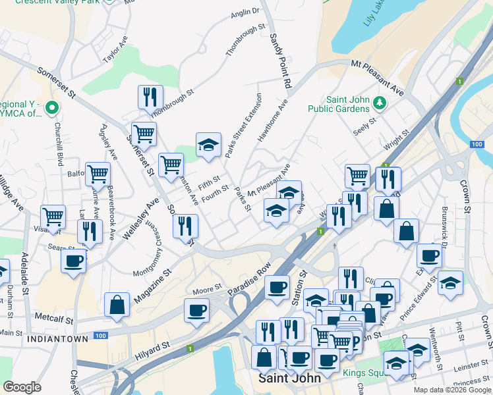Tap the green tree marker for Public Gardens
pyautogui.click(x=380, y=103)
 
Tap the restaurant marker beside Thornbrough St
pyautogui.click(x=150, y=97)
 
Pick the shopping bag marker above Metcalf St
pyautogui.click(x=117, y=305)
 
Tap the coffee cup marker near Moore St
pyautogui.click(x=196, y=310)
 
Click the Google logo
pyautogui.click(x=22, y=386)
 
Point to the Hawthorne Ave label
pyautogui.click(x=273, y=120)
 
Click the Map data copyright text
pyautogui.click(x=452, y=390)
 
